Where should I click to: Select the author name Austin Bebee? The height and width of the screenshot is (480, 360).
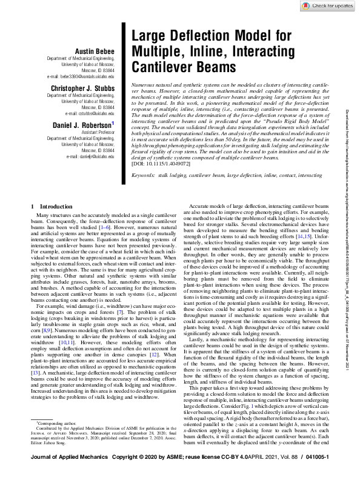point(93,50)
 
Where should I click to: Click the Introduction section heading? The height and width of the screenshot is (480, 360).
point(46,207)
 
